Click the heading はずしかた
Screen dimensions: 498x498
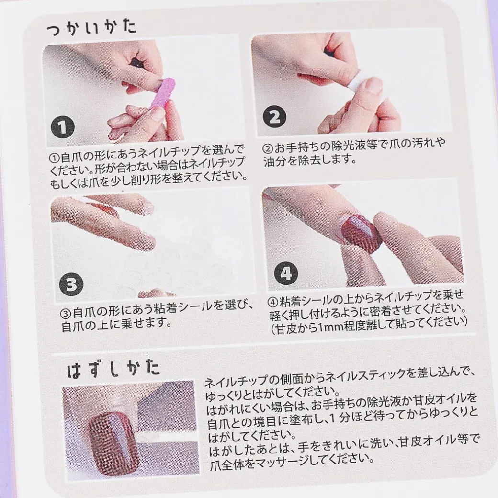click(113, 369)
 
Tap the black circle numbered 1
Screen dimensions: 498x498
click(63, 127)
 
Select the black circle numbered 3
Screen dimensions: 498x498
click(70, 285)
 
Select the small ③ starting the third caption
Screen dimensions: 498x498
click(67, 313)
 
